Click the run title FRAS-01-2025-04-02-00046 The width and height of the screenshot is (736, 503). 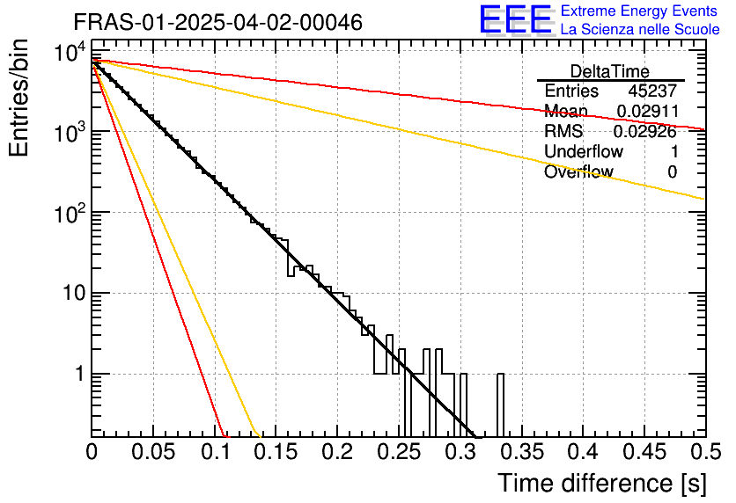point(217,23)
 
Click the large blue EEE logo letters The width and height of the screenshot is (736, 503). point(515,20)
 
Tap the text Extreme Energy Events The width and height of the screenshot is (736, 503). point(640,11)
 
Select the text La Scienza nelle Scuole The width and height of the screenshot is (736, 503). point(640,30)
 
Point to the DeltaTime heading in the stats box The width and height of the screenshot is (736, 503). point(610,71)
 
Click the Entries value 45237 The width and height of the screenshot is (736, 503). point(652,91)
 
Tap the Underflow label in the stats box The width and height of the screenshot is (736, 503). point(582,152)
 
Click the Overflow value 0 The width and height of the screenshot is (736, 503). point(672,172)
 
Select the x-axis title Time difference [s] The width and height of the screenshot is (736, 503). point(601,483)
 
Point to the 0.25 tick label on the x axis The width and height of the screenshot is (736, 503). point(399,452)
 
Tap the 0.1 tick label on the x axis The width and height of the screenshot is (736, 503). point(214,452)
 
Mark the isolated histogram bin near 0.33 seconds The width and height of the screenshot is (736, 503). point(500,405)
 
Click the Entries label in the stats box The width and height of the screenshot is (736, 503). point(571,91)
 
